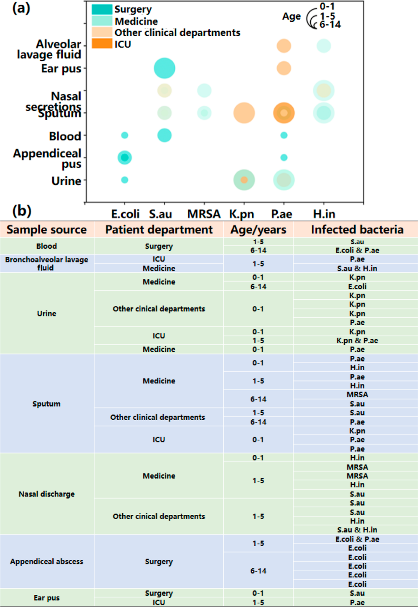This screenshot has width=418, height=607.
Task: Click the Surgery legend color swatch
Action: coord(102,10)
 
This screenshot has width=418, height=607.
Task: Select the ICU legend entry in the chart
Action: coord(122,44)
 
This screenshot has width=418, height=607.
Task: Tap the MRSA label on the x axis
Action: coord(203,214)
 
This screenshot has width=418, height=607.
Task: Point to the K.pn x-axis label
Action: coord(241,214)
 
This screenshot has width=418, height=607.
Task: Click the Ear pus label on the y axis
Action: coord(61,68)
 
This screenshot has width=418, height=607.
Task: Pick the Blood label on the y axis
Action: coord(65,136)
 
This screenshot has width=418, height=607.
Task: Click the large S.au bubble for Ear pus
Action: coord(165,68)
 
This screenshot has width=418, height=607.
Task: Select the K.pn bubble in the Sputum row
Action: coord(244,113)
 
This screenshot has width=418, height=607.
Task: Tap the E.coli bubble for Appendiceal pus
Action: coord(124,158)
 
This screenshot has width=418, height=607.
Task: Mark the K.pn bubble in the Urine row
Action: coord(244,180)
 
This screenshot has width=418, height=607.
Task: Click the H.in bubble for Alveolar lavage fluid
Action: coord(324,46)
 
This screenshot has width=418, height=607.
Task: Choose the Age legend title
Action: coord(291,16)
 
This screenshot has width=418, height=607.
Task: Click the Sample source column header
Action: coord(46,230)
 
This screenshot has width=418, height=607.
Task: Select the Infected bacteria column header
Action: coord(357,230)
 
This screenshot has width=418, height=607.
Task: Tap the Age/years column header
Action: coord(258,230)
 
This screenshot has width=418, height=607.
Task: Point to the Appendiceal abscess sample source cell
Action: coord(46,562)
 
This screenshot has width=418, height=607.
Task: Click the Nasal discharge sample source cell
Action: coord(46,494)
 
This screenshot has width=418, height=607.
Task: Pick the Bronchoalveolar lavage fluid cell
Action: coord(46,263)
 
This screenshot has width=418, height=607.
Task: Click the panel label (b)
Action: coord(22,211)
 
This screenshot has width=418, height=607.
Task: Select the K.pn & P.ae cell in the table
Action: coord(357,341)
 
